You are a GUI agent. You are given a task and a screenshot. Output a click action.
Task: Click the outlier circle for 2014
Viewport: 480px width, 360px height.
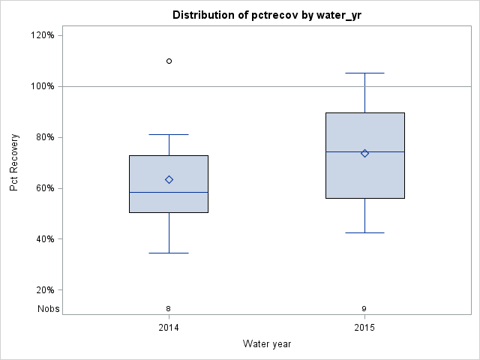click(x=169, y=61)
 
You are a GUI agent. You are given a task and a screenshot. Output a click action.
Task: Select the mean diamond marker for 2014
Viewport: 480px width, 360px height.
click(x=169, y=179)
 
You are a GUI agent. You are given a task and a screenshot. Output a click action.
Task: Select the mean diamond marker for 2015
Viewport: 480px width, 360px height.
click(x=364, y=153)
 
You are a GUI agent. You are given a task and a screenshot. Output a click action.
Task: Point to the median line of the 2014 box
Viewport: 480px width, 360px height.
click(x=169, y=192)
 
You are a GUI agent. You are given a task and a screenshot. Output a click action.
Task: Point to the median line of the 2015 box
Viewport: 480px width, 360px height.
click(x=364, y=151)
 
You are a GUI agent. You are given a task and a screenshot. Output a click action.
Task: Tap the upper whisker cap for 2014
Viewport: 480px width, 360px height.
click(x=169, y=134)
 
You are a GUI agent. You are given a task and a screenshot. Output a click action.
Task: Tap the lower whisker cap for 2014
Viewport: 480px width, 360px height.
click(x=169, y=253)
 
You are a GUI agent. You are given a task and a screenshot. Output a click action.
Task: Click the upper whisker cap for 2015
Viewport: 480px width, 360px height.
click(x=364, y=73)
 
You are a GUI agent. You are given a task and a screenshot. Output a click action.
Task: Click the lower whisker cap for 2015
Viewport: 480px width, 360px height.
click(x=364, y=232)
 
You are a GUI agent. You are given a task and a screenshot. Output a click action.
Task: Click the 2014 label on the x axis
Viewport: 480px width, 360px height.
click(x=169, y=328)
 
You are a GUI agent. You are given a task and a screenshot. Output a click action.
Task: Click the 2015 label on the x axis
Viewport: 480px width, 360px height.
click(x=364, y=328)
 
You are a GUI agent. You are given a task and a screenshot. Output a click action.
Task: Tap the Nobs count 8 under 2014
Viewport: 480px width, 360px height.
click(x=169, y=308)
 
